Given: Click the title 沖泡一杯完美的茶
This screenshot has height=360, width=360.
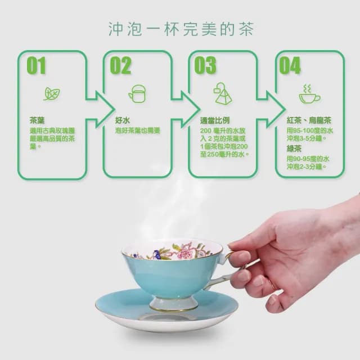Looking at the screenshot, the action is [181, 29].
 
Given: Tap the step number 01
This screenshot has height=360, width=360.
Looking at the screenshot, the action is [36, 65].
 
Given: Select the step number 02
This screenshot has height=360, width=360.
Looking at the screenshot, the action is [121, 65].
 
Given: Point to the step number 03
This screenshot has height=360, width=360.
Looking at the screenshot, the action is [205, 65].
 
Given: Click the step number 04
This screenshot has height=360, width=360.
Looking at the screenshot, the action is [290, 65].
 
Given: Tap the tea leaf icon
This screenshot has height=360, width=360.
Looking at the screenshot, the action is [52, 94].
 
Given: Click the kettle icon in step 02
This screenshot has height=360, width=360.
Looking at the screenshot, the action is [137, 94].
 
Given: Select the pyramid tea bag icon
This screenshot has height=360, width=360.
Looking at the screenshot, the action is [223, 94].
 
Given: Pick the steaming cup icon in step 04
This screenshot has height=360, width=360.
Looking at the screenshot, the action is [309, 94].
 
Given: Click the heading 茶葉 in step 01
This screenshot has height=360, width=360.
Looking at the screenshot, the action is [37, 120].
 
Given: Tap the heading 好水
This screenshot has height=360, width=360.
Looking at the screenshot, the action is [123, 120].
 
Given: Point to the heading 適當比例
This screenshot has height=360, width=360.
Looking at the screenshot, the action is [215, 120].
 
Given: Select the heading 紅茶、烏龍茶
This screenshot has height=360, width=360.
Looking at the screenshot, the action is [309, 120].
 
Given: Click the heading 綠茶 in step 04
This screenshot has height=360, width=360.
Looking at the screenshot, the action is [294, 148].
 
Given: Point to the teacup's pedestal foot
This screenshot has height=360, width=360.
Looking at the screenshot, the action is [174, 304].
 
